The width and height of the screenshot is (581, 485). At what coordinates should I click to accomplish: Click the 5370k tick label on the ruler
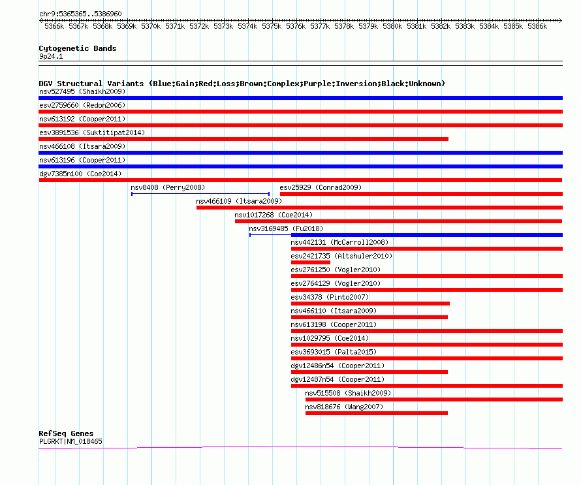(151, 26)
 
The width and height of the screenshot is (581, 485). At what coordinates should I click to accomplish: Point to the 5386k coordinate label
(537, 26)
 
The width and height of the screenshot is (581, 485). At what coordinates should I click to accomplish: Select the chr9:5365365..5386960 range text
(80, 14)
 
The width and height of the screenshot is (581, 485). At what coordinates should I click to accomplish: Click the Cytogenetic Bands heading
(78, 48)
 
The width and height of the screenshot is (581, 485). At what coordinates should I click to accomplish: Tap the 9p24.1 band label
(51, 56)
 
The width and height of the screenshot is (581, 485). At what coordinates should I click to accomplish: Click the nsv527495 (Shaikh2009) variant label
(82, 91)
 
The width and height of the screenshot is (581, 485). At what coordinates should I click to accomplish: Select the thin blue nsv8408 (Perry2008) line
(200, 194)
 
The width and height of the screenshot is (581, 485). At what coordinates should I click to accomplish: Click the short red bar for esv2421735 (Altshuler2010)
(311, 262)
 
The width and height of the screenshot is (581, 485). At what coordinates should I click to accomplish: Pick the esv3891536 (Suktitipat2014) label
(92, 133)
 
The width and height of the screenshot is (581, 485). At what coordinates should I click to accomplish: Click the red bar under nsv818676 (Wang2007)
(377, 413)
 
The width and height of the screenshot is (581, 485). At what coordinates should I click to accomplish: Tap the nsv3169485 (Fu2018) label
(286, 228)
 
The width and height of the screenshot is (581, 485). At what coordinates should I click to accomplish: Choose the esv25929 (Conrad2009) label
(321, 187)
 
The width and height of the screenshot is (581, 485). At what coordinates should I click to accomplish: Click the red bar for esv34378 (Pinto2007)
(371, 304)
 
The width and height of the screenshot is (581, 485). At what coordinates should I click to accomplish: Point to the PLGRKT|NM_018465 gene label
(71, 441)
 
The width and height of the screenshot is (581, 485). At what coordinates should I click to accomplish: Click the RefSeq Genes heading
(66, 433)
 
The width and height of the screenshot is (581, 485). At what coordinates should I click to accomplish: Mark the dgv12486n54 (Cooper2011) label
(338, 366)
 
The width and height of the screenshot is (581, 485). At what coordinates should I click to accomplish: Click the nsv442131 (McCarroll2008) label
(339, 242)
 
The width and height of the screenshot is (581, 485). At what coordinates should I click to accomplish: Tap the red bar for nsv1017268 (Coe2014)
(399, 221)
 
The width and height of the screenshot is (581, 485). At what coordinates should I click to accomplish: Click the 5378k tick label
(344, 26)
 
